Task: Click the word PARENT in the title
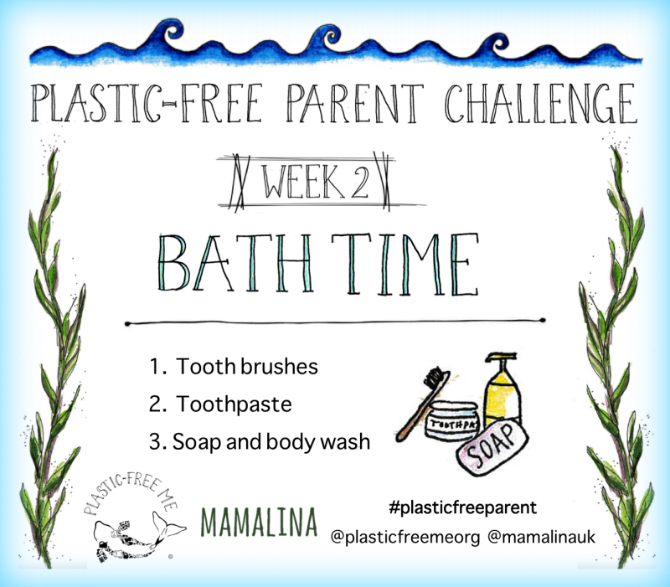coord(354,103)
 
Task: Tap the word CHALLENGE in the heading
coord(541,103)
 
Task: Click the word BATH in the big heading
coord(235,263)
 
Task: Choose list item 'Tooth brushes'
coord(234,366)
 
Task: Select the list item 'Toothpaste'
coord(220,404)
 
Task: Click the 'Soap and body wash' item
coord(260,442)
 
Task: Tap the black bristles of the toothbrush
coord(435,378)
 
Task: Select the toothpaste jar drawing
coord(453,420)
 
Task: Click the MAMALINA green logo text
coord(259,522)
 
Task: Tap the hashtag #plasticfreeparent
coord(463,507)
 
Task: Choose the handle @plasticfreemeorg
coord(405,537)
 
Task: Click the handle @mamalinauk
coord(541,537)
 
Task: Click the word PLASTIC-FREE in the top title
coord(146,103)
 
